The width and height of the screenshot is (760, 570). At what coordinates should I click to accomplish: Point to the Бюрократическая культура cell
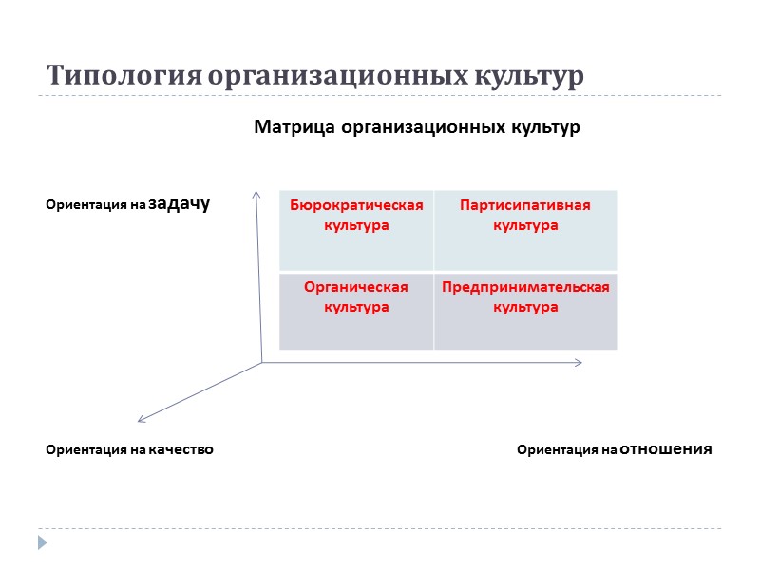tap(356, 230)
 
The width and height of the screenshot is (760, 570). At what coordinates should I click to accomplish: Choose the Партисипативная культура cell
tap(525, 230)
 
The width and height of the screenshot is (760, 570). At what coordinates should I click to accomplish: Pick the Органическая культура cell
tap(356, 311)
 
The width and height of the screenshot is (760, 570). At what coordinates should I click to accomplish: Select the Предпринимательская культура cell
tap(525, 311)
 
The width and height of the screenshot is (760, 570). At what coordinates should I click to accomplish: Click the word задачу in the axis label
tap(180, 203)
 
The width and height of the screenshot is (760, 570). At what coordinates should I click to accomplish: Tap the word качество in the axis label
tap(181, 449)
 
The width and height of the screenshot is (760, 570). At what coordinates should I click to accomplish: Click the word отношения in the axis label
tap(665, 448)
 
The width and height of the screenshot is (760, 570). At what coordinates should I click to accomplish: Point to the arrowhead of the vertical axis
tap(256, 195)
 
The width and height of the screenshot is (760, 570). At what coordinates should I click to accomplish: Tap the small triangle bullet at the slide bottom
tap(42, 543)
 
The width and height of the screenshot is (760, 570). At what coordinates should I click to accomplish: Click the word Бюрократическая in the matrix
tap(356, 205)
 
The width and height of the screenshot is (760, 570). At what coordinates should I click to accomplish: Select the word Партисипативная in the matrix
tap(525, 205)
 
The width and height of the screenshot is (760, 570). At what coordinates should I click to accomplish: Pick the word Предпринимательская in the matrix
tap(525, 287)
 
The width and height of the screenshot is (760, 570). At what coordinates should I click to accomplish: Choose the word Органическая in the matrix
tap(356, 287)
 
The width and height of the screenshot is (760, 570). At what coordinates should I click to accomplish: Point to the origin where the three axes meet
tap(261, 362)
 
